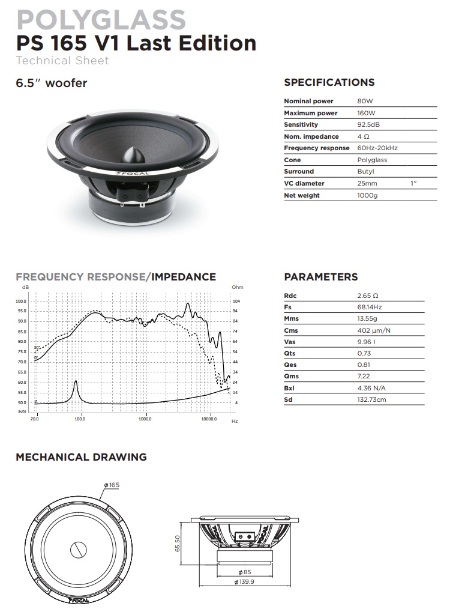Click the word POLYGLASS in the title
pos(101,20)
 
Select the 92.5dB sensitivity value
pos(368,124)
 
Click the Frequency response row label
pos(316,148)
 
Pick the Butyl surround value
pos(365,172)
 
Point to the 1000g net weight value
pos(367,195)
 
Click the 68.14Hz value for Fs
pos(369,307)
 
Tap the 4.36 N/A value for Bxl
pos(371,388)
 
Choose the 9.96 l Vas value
pos(366,342)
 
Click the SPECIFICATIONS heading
pos(329,82)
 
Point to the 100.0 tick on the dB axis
pos(22,301)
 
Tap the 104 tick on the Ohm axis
pos(236,301)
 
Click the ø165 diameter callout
pos(112,485)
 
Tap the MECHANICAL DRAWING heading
pos(81,457)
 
